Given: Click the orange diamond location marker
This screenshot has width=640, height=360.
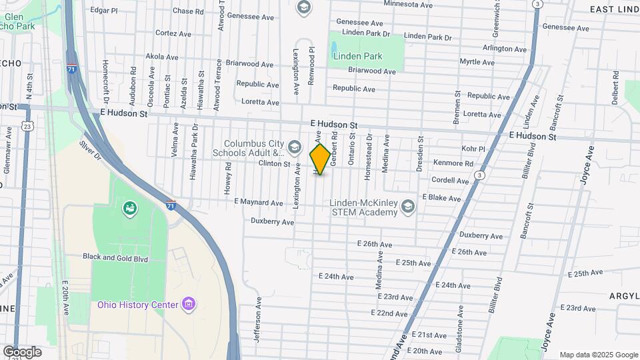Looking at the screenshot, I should tap(320, 159).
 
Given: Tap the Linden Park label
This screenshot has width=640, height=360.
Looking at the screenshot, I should tap(358, 56).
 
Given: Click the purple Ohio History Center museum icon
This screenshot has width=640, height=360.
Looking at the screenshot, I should tap(189, 305).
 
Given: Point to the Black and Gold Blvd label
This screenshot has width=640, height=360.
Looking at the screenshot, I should tap(115, 257).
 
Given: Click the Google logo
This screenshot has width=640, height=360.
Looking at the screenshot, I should tap(22, 352).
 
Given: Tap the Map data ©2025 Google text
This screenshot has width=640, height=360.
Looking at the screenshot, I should tap(598, 355).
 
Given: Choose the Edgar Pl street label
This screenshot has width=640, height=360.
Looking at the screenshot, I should tap(103, 11).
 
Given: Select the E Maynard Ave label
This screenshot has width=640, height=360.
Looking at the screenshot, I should tap(259, 202).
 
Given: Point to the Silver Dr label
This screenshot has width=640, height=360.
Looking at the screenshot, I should tap(89, 149).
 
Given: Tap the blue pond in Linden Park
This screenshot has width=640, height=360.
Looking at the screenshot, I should tap(332, 48).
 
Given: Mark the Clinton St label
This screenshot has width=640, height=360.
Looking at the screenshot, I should tap(274, 163).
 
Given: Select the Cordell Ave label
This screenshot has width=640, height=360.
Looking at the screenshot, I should tap(451, 180).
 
